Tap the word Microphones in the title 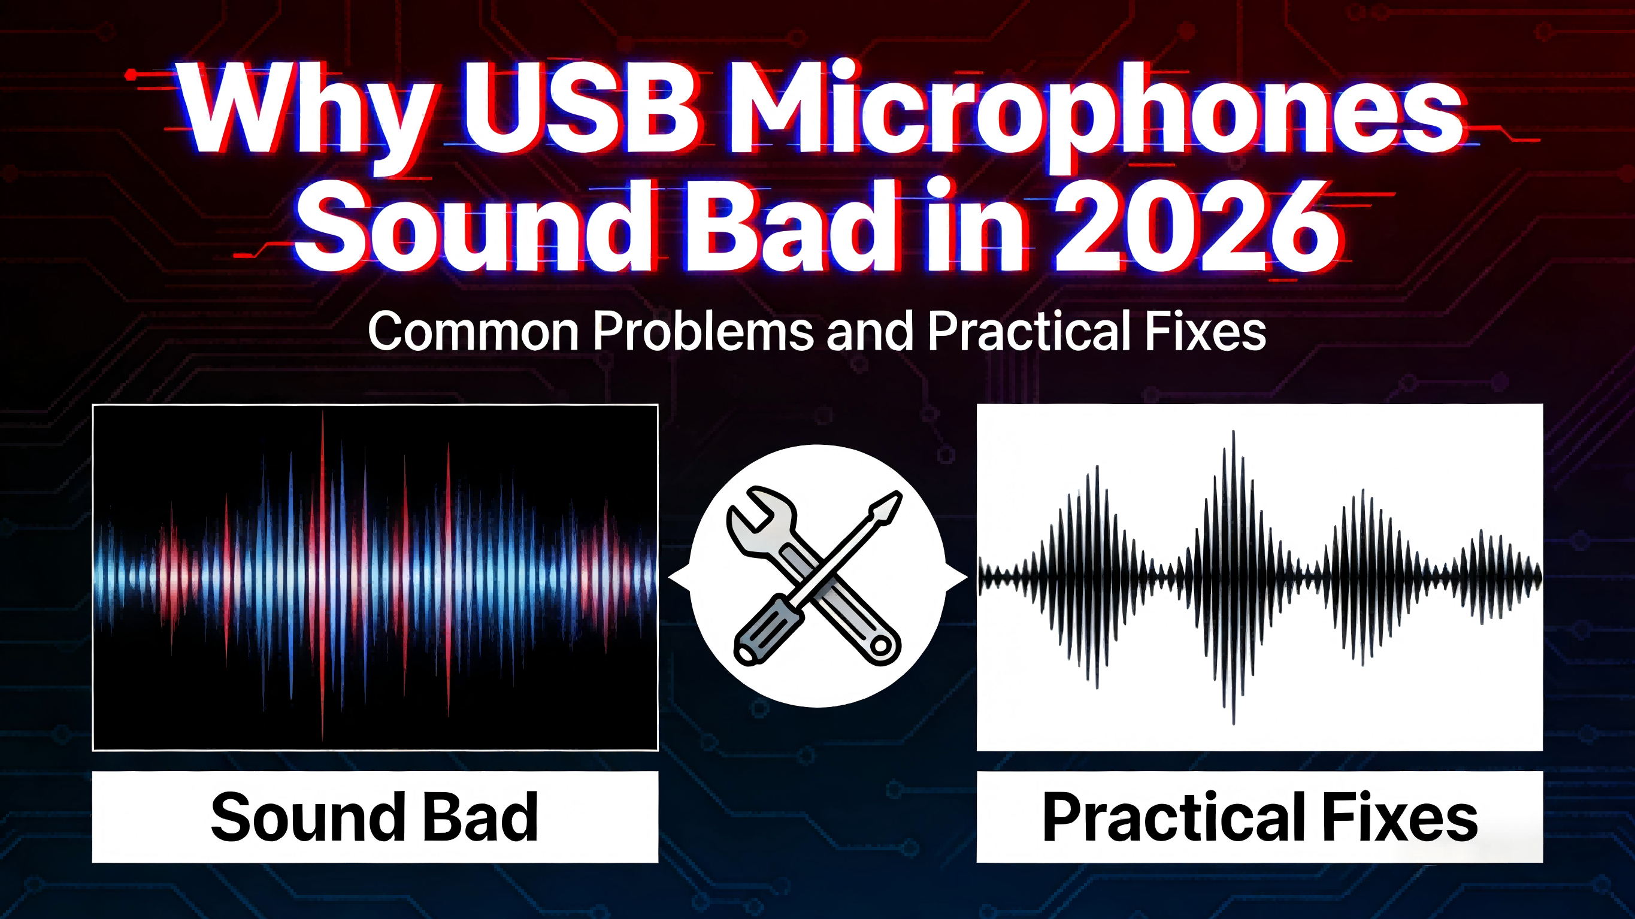tap(1095, 114)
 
